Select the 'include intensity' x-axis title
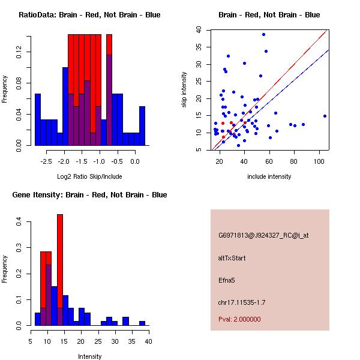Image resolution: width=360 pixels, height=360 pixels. [269, 176]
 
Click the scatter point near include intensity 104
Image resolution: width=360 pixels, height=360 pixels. [325, 116]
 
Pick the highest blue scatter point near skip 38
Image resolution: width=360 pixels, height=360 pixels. [263, 34]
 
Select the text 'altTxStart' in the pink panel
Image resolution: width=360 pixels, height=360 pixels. [232, 258]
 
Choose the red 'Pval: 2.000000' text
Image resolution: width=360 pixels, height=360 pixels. [239, 319]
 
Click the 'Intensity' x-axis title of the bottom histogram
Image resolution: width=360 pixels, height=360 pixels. [89, 356]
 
